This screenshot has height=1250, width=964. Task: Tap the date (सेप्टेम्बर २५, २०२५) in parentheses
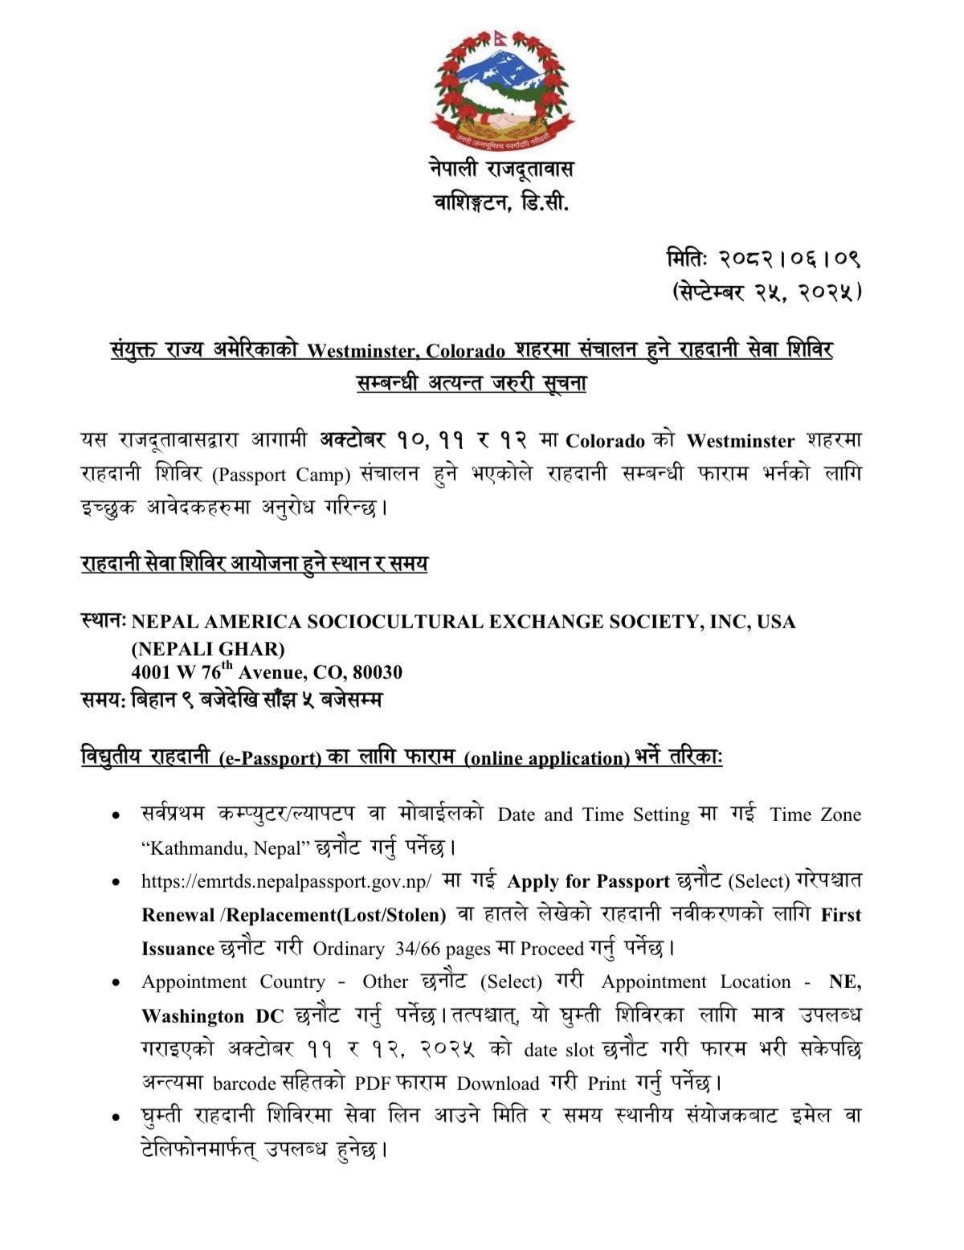[766, 292]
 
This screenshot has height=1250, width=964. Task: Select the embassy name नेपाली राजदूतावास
[500, 170]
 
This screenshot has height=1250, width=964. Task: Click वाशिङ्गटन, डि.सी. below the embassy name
[500, 203]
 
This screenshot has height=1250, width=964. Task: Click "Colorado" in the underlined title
[465, 351]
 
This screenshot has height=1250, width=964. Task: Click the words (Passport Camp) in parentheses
[282, 475]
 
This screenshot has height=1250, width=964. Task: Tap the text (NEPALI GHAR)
[208, 647]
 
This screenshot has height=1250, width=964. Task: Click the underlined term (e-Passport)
[270, 758]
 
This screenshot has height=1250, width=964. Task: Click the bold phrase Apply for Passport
[588, 881]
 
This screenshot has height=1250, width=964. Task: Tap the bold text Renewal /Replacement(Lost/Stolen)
[293, 915]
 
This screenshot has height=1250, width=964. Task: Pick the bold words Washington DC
[213, 1016]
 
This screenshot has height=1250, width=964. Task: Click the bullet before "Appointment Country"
[116, 983]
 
